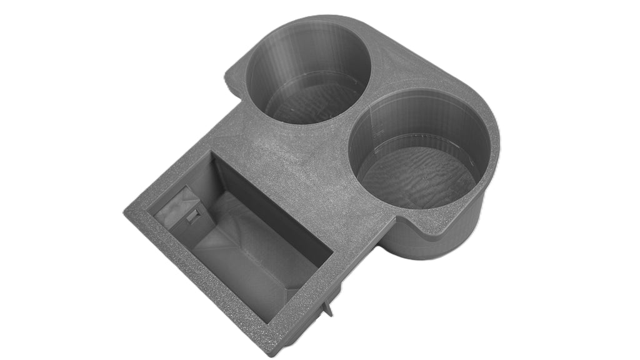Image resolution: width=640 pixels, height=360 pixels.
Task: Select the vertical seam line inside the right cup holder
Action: click(x=377, y=128)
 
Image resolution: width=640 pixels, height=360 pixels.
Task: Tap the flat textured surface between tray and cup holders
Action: click(x=294, y=156)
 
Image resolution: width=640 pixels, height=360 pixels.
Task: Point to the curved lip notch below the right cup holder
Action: click(x=400, y=219)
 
